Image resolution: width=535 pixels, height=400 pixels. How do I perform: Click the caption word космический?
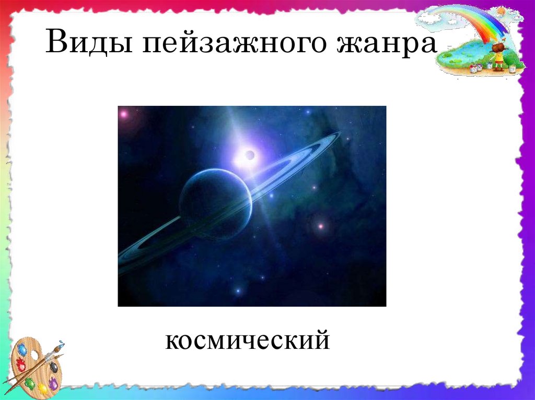tap(248, 341)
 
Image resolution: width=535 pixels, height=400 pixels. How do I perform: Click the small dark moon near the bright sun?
tap(250, 154)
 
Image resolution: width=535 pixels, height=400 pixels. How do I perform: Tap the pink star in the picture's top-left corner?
tap(124, 113)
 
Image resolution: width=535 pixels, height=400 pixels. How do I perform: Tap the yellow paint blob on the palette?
tap(43, 389)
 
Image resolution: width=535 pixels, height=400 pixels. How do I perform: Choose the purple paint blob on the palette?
tap(53, 383)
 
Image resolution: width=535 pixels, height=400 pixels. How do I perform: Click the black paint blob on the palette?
tap(54, 367)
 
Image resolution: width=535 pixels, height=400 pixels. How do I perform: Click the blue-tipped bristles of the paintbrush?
tap(61, 344)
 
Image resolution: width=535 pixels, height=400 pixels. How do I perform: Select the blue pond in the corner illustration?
tap(462, 52)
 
